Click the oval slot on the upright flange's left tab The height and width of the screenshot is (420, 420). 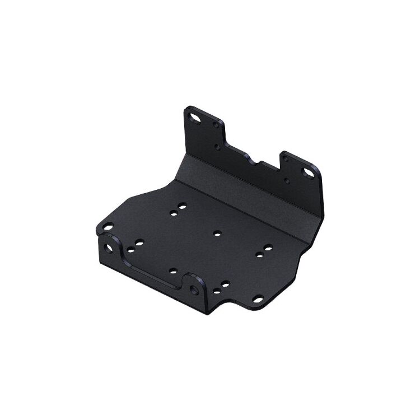coord(196,118)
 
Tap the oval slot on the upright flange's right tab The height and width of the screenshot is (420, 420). coord(307,172)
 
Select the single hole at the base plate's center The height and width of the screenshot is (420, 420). coord(217,232)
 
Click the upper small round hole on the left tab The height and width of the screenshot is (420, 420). coord(216,125)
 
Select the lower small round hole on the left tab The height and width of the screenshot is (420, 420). coord(217,147)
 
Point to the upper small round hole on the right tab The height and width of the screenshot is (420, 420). coord(286,160)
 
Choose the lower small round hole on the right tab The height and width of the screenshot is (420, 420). coord(287,181)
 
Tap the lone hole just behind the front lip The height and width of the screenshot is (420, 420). coord(173,272)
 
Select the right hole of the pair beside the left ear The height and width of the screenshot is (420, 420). coord(139,243)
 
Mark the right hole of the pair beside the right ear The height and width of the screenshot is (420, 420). coord(225,284)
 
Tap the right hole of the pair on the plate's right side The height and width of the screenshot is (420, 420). coord(268,247)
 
